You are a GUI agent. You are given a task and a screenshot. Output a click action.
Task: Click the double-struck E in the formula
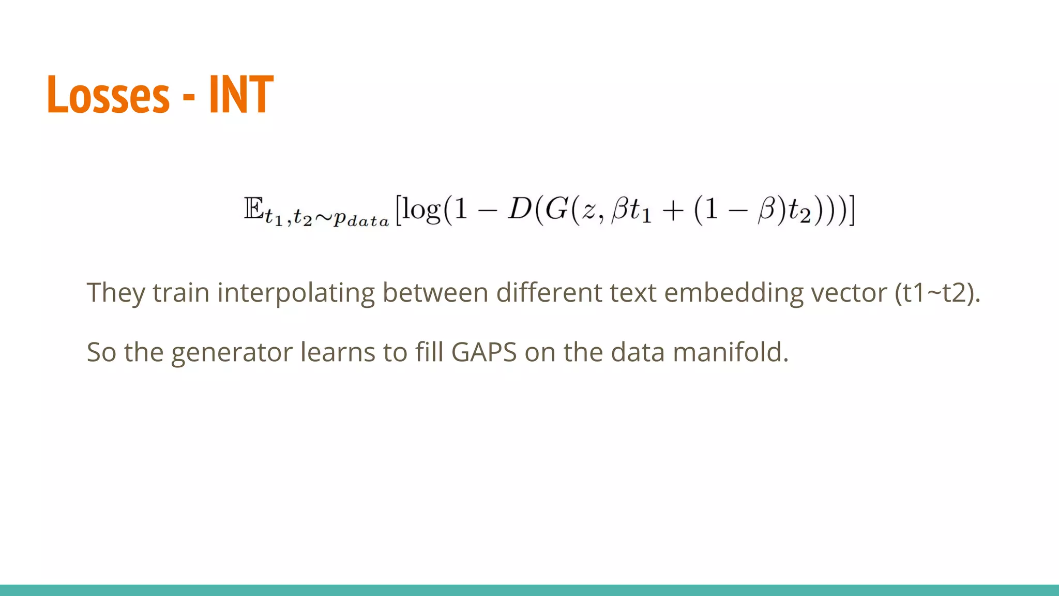pos(253,209)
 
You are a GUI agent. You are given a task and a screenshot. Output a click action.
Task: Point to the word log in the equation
pos(421,210)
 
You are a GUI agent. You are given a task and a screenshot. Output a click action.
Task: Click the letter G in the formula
pos(556,209)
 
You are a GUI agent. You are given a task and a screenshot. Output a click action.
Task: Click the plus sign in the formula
pos(673,211)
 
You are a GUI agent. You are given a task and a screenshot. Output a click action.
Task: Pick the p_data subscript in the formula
pos(361,219)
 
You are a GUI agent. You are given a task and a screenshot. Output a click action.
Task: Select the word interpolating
pos(296,293)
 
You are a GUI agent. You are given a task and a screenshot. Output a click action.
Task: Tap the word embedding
pos(733,293)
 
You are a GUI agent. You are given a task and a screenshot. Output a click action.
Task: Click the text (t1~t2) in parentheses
pos(937,293)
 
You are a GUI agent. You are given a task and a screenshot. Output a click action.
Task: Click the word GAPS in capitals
pos(483,352)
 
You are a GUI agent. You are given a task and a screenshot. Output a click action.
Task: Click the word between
pos(435,293)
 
